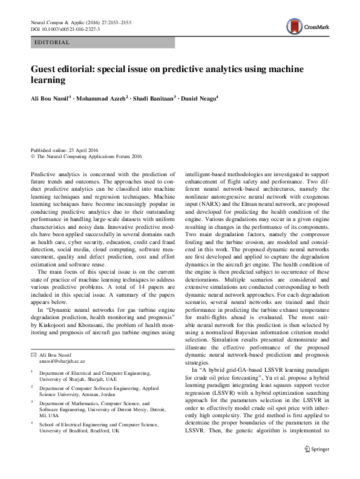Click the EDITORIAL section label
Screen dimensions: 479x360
pos(53,42)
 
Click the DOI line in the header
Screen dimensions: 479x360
pos(65,29)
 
